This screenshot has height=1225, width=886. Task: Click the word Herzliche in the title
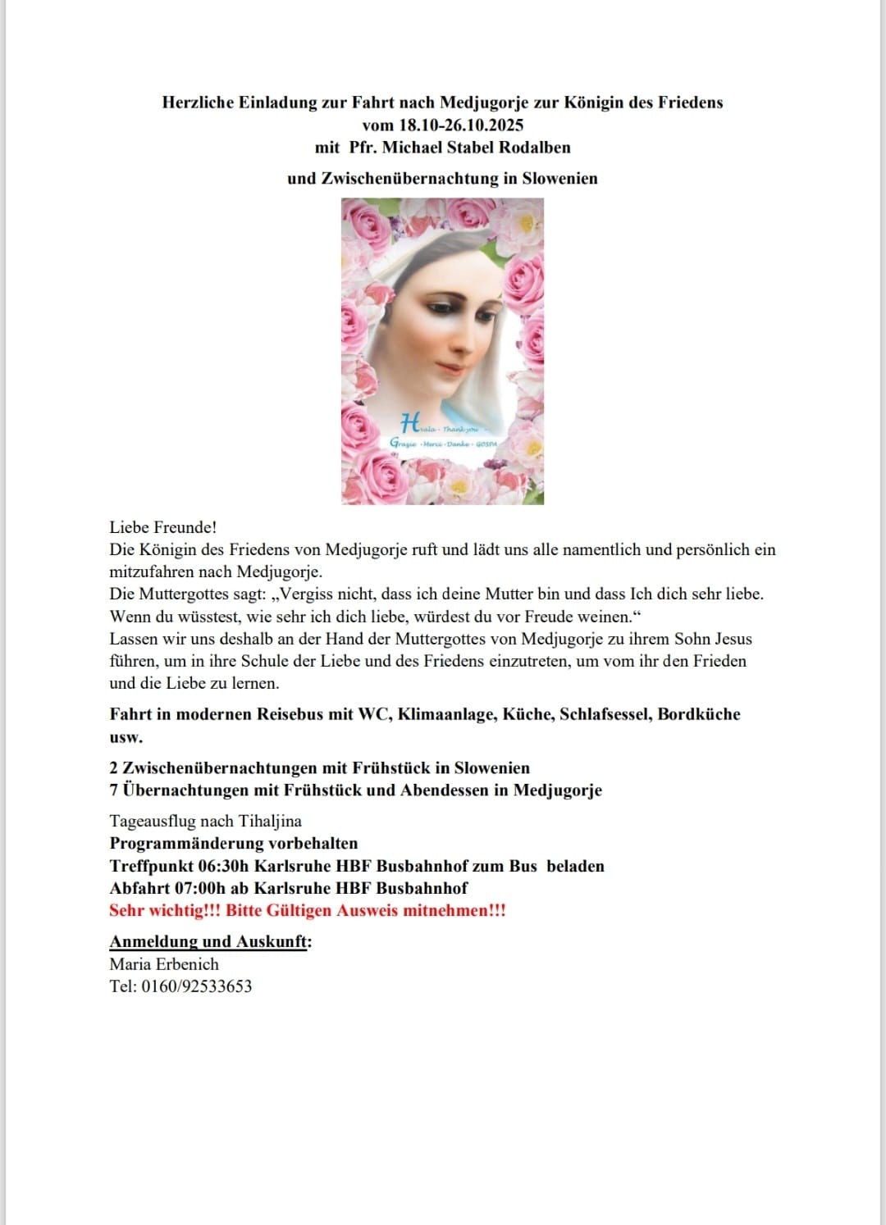pyautogui.click(x=198, y=102)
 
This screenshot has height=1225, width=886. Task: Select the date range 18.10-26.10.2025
pyautogui.click(x=461, y=125)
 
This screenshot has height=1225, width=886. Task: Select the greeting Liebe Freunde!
pyautogui.click(x=162, y=527)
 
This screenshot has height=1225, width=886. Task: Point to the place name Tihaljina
pyautogui.click(x=270, y=821)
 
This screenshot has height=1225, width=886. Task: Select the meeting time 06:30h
pyautogui.click(x=224, y=866)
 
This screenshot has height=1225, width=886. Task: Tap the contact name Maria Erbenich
pyautogui.click(x=164, y=964)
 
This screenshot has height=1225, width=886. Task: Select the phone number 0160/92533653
pyautogui.click(x=197, y=986)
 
